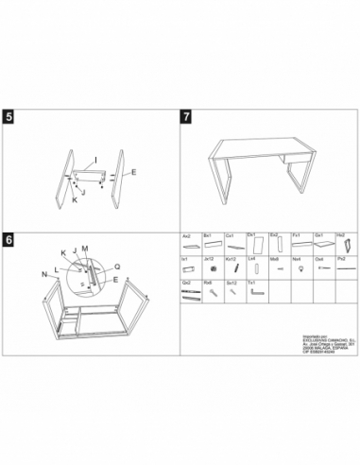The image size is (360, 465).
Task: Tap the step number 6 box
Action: pos(9,241)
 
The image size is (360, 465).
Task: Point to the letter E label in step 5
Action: pos(133,172)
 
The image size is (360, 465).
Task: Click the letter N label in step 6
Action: pos(43,273)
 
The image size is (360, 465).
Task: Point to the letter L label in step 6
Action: pos(57,267)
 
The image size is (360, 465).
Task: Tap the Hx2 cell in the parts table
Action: pos(341,242)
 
